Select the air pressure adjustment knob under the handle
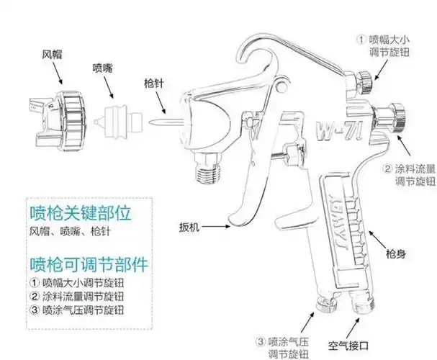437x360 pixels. click(x=325, y=309)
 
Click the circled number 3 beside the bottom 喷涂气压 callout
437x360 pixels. click(x=261, y=341)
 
